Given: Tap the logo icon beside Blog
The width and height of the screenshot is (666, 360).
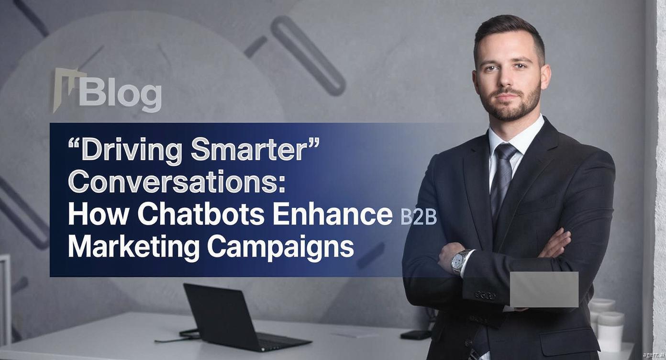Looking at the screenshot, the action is pos(67,90).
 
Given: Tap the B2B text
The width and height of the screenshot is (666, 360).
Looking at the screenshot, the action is pos(418,217).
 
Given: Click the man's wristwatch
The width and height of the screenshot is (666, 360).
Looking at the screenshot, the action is pos(460,261).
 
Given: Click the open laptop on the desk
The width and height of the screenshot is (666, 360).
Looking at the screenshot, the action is pos(241,318).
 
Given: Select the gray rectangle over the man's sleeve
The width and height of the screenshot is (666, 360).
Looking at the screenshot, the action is pos(544,289).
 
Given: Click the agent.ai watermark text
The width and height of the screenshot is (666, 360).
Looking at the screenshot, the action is pos(654,355).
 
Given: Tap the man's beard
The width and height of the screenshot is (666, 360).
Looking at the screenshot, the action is pos(512,104).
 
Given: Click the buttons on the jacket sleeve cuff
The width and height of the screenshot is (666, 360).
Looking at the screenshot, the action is pos(485,295).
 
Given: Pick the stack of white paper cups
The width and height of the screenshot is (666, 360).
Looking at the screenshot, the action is pos(606,324).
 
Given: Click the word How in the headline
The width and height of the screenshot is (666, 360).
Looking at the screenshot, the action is pos(100,214).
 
